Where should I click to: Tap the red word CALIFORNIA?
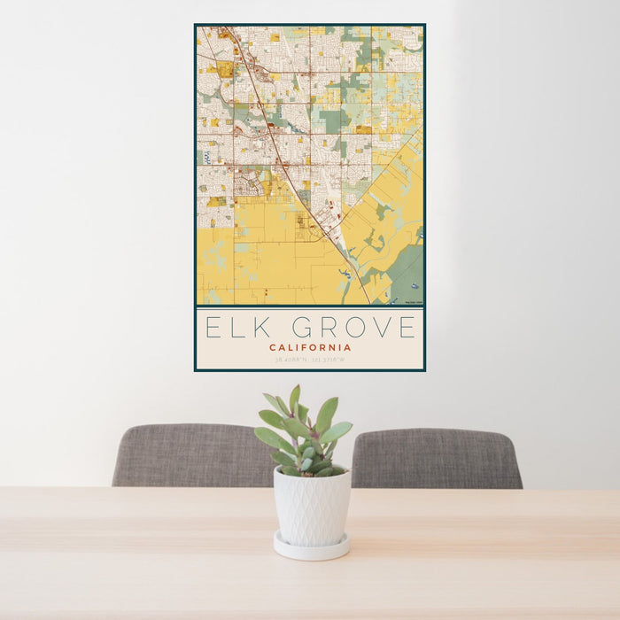pyautogui.click(x=310, y=347)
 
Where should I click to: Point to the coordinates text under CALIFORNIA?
pyautogui.click(x=310, y=360)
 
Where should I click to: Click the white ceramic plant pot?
pyautogui.click(x=311, y=508)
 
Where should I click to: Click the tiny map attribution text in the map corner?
pyautogui.click(x=413, y=303)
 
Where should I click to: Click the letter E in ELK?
pyautogui.click(x=213, y=328)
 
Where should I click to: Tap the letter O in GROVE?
pyautogui.click(x=352, y=328)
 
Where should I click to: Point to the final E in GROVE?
pyautogui.click(x=406, y=328)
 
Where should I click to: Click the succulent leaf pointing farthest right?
pyautogui.click(x=340, y=430)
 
